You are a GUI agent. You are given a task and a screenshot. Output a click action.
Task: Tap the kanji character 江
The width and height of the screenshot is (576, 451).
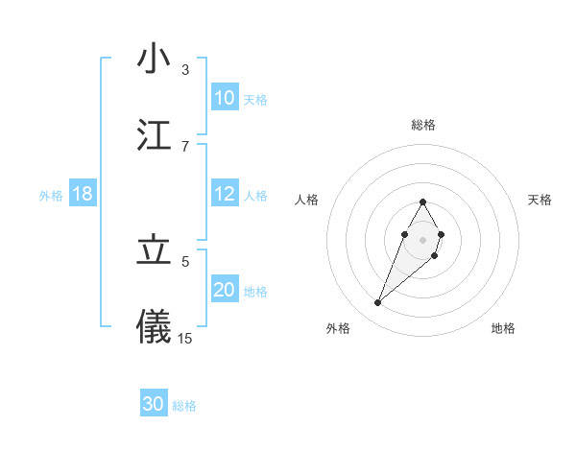[x=154, y=135]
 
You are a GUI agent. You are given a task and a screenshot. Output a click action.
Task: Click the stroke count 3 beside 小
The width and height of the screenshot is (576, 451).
[x=185, y=70]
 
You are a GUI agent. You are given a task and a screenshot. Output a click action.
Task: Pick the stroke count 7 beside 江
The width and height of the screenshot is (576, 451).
[x=185, y=146]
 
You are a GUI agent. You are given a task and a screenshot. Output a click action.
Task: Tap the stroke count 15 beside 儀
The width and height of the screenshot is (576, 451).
[x=185, y=338]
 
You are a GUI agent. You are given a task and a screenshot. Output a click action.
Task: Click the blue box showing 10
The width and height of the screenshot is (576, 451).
[x=225, y=98]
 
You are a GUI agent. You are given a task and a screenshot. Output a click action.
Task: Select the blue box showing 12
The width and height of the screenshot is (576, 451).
[x=225, y=194]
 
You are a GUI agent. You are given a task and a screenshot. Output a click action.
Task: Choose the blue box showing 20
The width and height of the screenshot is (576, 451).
[x=225, y=290]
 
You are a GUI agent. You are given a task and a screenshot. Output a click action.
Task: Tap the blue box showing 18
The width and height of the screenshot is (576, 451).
[x=83, y=194]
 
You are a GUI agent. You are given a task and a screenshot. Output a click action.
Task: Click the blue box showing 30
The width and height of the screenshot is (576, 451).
[x=154, y=404]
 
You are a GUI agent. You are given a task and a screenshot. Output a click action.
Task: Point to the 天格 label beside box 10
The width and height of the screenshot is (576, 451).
[x=255, y=99]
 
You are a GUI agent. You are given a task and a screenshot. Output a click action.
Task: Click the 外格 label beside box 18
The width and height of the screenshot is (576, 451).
[x=51, y=195]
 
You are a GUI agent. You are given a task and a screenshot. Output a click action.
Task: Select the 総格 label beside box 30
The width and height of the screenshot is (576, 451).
[x=184, y=405]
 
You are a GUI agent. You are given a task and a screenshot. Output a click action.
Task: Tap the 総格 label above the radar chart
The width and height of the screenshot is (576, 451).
[x=423, y=125]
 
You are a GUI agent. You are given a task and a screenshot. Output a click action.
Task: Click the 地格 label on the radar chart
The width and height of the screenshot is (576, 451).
[x=503, y=328]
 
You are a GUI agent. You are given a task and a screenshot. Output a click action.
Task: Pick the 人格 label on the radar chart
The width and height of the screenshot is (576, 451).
[x=306, y=200]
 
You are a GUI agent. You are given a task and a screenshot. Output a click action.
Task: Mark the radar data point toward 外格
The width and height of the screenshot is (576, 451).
[x=378, y=303]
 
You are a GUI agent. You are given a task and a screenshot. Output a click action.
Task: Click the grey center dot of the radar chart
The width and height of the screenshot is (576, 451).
[x=422, y=239]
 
